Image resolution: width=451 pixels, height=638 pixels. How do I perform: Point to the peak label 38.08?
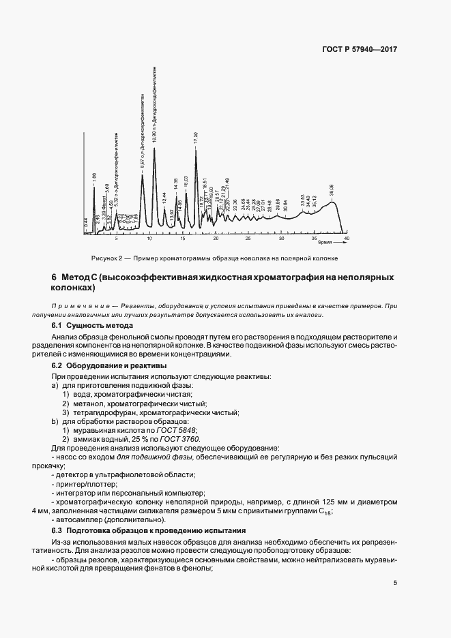332,190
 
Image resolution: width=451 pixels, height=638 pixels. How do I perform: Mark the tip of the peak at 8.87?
142,172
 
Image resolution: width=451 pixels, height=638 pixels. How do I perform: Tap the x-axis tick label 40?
347,240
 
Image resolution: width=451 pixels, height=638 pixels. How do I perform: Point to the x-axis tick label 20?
216,240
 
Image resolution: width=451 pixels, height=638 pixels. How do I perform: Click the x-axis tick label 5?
116,240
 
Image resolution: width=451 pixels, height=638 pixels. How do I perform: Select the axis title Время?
325,242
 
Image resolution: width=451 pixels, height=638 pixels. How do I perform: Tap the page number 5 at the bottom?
396,583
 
